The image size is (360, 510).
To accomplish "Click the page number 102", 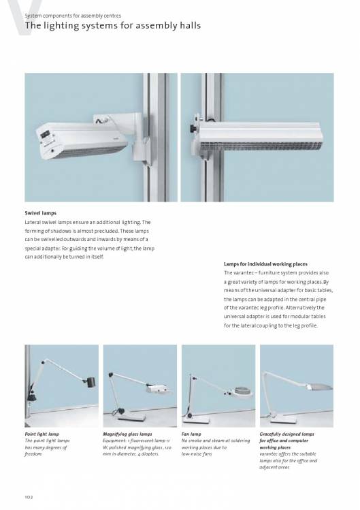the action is click(x=29, y=497).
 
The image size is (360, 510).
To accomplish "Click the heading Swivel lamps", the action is click(x=41, y=213).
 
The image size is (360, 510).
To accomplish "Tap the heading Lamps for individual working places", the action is click(x=265, y=264).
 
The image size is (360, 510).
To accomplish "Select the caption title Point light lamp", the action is click(x=42, y=434).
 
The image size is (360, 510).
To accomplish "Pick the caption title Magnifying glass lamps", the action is click(x=127, y=434).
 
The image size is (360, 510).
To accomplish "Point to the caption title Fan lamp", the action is click(x=191, y=434).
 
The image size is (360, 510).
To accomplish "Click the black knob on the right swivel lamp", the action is click(x=193, y=129).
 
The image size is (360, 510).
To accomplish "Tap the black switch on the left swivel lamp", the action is click(x=45, y=133).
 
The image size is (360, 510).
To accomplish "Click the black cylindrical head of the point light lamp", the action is click(x=90, y=381).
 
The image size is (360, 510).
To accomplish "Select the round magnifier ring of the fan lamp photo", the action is click(x=242, y=391).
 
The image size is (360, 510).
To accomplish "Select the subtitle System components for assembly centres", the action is click(x=73, y=16).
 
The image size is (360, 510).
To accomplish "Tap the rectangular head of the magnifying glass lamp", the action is click(x=157, y=388).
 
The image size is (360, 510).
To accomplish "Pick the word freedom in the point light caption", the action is click(x=33, y=454).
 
